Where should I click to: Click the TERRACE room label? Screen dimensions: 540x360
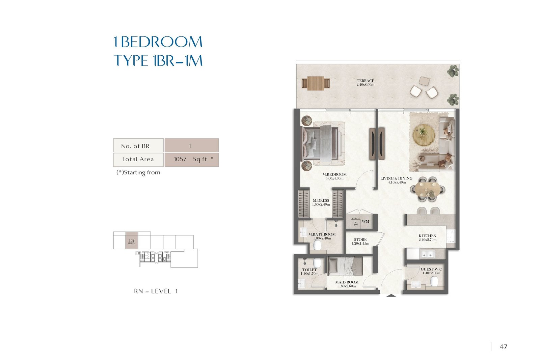365,81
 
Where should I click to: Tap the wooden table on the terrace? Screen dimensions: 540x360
316,83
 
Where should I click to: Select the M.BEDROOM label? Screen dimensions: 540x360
334,174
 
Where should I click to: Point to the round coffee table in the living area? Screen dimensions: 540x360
424,135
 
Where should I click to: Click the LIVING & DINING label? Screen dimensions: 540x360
396,178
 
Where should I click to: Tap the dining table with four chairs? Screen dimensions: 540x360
427,189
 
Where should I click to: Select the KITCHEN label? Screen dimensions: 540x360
427,236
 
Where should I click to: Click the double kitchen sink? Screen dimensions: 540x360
427,254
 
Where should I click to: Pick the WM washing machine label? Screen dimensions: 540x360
365,221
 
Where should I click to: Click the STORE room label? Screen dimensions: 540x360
360,240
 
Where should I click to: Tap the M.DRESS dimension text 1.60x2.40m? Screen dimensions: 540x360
321,204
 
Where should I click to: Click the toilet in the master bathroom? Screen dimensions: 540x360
317,245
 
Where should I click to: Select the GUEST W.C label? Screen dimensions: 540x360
431,269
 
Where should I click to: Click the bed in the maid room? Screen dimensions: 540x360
345,266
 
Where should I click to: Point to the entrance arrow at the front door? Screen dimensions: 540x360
391,296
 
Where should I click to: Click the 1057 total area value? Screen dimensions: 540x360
180,159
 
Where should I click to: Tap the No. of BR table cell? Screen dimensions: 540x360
138,145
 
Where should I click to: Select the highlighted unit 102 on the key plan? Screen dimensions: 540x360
132,240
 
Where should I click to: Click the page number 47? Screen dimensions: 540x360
504,347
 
